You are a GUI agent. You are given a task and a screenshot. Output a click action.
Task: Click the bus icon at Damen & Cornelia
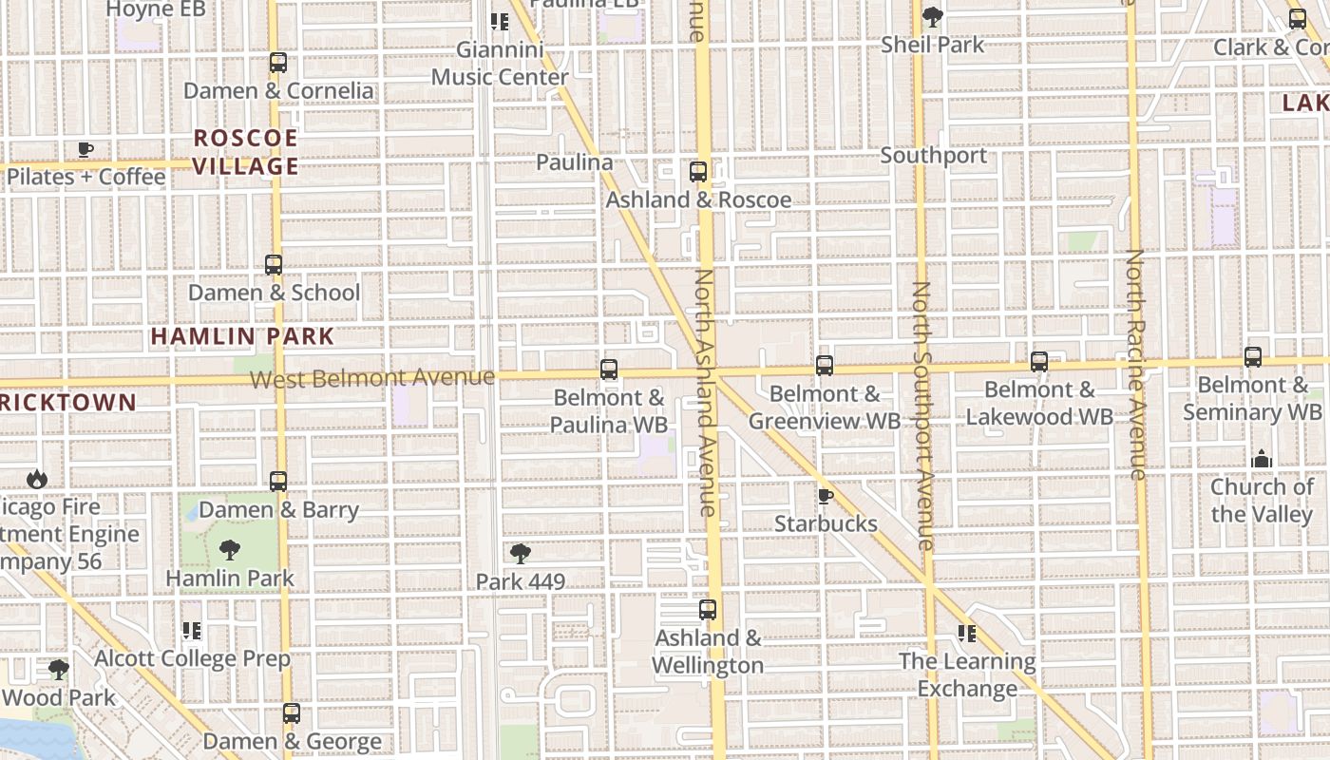[277, 63]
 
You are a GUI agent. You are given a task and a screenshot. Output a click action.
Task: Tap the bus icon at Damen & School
[274, 265]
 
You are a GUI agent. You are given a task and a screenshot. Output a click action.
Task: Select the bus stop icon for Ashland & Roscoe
[698, 172]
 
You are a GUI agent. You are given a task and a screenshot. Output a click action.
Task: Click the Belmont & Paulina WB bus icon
[609, 370]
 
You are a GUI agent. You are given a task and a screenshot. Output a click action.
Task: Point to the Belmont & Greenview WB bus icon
[825, 366]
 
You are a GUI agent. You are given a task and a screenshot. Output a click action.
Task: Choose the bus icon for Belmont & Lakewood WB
[1039, 362]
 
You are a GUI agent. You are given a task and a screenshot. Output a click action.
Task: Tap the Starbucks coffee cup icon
[825, 497]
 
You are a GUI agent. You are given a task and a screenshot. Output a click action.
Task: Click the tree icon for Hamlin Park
[229, 549]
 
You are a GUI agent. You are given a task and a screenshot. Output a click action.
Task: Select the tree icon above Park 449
[520, 554]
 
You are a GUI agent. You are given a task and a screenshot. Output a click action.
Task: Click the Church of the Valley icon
[1262, 460]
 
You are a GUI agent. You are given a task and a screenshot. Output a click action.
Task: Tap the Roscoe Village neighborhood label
[246, 152]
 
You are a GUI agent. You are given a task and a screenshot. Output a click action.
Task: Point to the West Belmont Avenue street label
[371, 378]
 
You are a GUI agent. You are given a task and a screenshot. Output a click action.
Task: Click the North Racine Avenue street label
[1136, 364]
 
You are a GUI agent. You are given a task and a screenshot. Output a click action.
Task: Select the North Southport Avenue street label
[922, 415]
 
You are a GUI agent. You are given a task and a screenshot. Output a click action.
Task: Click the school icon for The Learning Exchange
[967, 633]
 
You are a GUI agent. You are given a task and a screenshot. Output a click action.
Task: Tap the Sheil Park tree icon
[933, 16]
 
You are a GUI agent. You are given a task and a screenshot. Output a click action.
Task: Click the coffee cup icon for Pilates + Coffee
[85, 149]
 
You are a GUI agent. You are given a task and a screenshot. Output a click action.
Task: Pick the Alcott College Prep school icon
[192, 631]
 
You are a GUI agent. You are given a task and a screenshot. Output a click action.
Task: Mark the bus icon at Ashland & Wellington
[708, 610]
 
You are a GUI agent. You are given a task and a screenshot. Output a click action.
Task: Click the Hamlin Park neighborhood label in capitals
[242, 336]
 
